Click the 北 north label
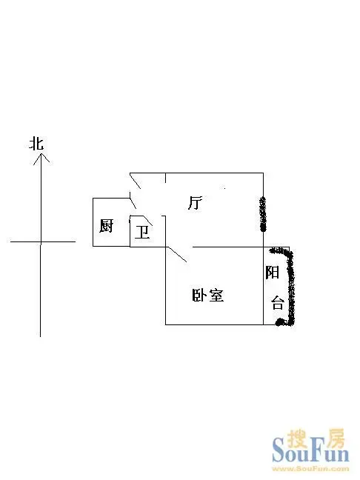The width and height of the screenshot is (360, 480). coord(36,144)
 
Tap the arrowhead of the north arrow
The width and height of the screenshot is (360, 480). coord(41,159)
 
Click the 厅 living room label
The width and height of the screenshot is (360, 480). coord(196,203)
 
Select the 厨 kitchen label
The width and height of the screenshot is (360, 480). coord(106,226)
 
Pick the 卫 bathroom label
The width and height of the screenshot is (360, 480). coord(142,233)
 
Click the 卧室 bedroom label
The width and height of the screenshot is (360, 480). coord(208,295)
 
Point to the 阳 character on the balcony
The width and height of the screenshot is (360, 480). coord(272,272)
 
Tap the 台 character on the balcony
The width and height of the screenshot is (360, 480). coord(277,303)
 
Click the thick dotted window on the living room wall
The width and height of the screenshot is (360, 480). coord(263,214)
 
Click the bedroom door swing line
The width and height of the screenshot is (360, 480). coord(176,254)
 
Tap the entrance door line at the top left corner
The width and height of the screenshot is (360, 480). coord(136,181)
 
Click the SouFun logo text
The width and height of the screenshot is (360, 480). coord(310,451)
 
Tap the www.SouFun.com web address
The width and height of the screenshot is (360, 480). coord(310,468)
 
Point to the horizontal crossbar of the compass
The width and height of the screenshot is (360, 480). coord(43,241)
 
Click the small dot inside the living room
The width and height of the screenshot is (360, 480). coord(224,188)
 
